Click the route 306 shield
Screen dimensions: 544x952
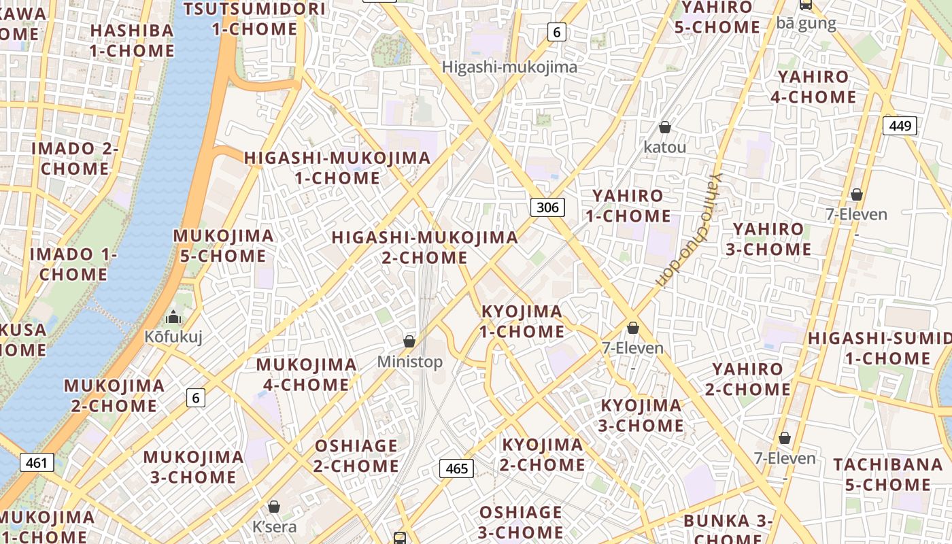pyautogui.click(x=547, y=207)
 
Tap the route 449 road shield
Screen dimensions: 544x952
pyautogui.click(x=900, y=125)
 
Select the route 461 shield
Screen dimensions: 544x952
pyautogui.click(x=36, y=463)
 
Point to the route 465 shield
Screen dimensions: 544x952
pyautogui.click(x=456, y=468)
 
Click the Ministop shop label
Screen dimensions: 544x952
pyautogui.click(x=410, y=362)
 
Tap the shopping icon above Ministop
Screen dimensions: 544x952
pyautogui.click(x=409, y=341)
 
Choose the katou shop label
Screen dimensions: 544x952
pyautogui.click(x=665, y=147)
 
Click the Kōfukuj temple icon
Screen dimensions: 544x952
pyautogui.click(x=173, y=317)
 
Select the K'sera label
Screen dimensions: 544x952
pyautogui.click(x=274, y=526)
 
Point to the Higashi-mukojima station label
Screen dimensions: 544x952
pyautogui.click(x=509, y=67)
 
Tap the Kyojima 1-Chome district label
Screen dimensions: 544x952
pyautogui.click(x=522, y=322)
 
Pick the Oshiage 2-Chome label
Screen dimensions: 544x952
pyautogui.click(x=356, y=456)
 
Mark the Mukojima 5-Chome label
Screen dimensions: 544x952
pyautogui.click(x=223, y=246)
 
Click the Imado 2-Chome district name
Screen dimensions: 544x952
pyautogui.click(x=75, y=158)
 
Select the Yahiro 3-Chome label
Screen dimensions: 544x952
pyautogui.click(x=768, y=239)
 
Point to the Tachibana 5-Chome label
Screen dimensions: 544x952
pyautogui.click(x=887, y=475)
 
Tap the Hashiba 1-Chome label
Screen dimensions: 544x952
pyautogui.click(x=133, y=41)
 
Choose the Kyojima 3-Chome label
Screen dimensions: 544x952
pyautogui.click(x=640, y=415)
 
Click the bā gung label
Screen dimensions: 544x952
pyautogui.click(x=806, y=23)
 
